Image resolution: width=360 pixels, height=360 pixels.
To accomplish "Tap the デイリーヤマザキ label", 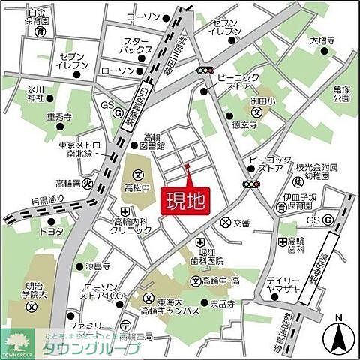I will click(281, 287).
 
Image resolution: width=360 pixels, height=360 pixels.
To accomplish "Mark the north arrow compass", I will click(338, 337).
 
